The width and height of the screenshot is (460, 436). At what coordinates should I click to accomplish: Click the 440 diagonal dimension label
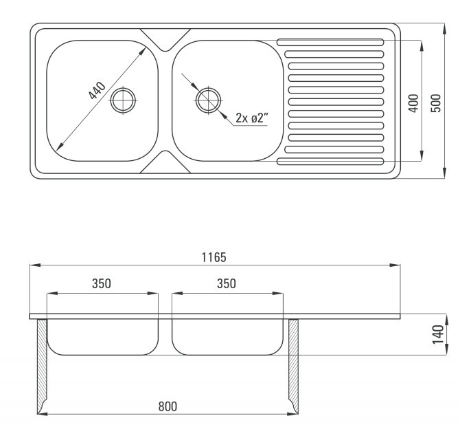point(97,91)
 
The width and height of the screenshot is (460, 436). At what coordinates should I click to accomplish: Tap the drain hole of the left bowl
point(123,100)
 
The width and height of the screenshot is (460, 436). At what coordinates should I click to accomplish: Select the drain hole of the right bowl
point(208,100)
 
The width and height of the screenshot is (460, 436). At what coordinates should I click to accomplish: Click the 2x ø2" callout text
point(252,118)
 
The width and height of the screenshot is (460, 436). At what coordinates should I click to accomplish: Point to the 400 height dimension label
point(413,103)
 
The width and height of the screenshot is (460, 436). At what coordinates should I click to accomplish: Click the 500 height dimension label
point(436,103)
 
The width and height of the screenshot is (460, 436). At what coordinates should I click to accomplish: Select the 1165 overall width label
point(214,257)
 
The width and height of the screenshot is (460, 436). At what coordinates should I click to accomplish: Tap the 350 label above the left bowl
point(102,283)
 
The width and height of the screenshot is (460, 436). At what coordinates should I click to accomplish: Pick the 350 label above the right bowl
point(227,283)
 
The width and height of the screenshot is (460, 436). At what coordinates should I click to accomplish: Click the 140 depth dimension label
point(438,334)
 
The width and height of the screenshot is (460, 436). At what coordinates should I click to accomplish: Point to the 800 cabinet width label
point(168,406)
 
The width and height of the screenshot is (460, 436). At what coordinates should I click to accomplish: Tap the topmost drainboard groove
point(330,43)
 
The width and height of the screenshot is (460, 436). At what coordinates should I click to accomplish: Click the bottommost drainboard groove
point(330,162)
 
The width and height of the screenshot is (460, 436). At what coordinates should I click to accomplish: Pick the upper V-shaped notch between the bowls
point(165,40)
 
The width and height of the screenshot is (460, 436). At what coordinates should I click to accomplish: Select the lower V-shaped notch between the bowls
point(165,162)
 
